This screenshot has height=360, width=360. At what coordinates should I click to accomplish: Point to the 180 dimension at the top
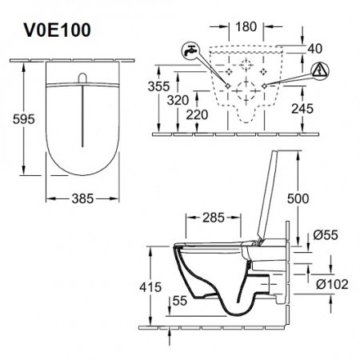coord(246,27)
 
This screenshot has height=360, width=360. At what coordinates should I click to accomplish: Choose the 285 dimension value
coord(213,218)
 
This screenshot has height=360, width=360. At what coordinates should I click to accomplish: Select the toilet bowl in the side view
coord(216,272)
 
